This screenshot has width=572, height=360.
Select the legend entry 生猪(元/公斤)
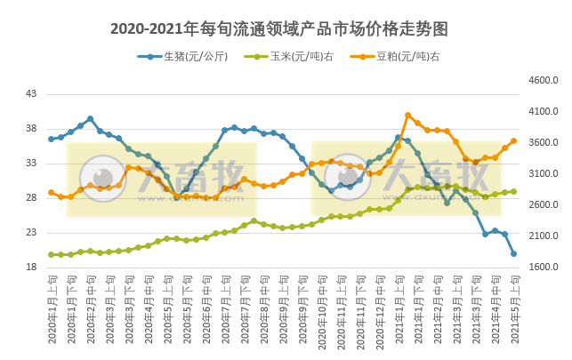[189, 57]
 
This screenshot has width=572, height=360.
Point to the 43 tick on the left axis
[31, 94]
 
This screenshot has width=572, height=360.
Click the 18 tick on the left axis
[31, 268]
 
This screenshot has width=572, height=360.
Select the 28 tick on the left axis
[31, 198]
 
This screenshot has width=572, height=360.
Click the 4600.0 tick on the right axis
[543, 81]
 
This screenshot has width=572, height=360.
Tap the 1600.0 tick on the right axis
[543, 268]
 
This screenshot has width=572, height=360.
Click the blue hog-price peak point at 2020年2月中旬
[90, 118]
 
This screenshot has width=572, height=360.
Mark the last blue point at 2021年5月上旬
[513, 253]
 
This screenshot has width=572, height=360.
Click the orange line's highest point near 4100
[407, 115]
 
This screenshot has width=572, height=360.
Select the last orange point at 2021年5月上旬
[513, 140]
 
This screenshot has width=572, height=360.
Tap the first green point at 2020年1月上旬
[52, 254]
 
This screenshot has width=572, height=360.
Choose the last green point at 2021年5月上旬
[513, 191]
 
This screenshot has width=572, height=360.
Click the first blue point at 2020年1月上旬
[52, 139]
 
